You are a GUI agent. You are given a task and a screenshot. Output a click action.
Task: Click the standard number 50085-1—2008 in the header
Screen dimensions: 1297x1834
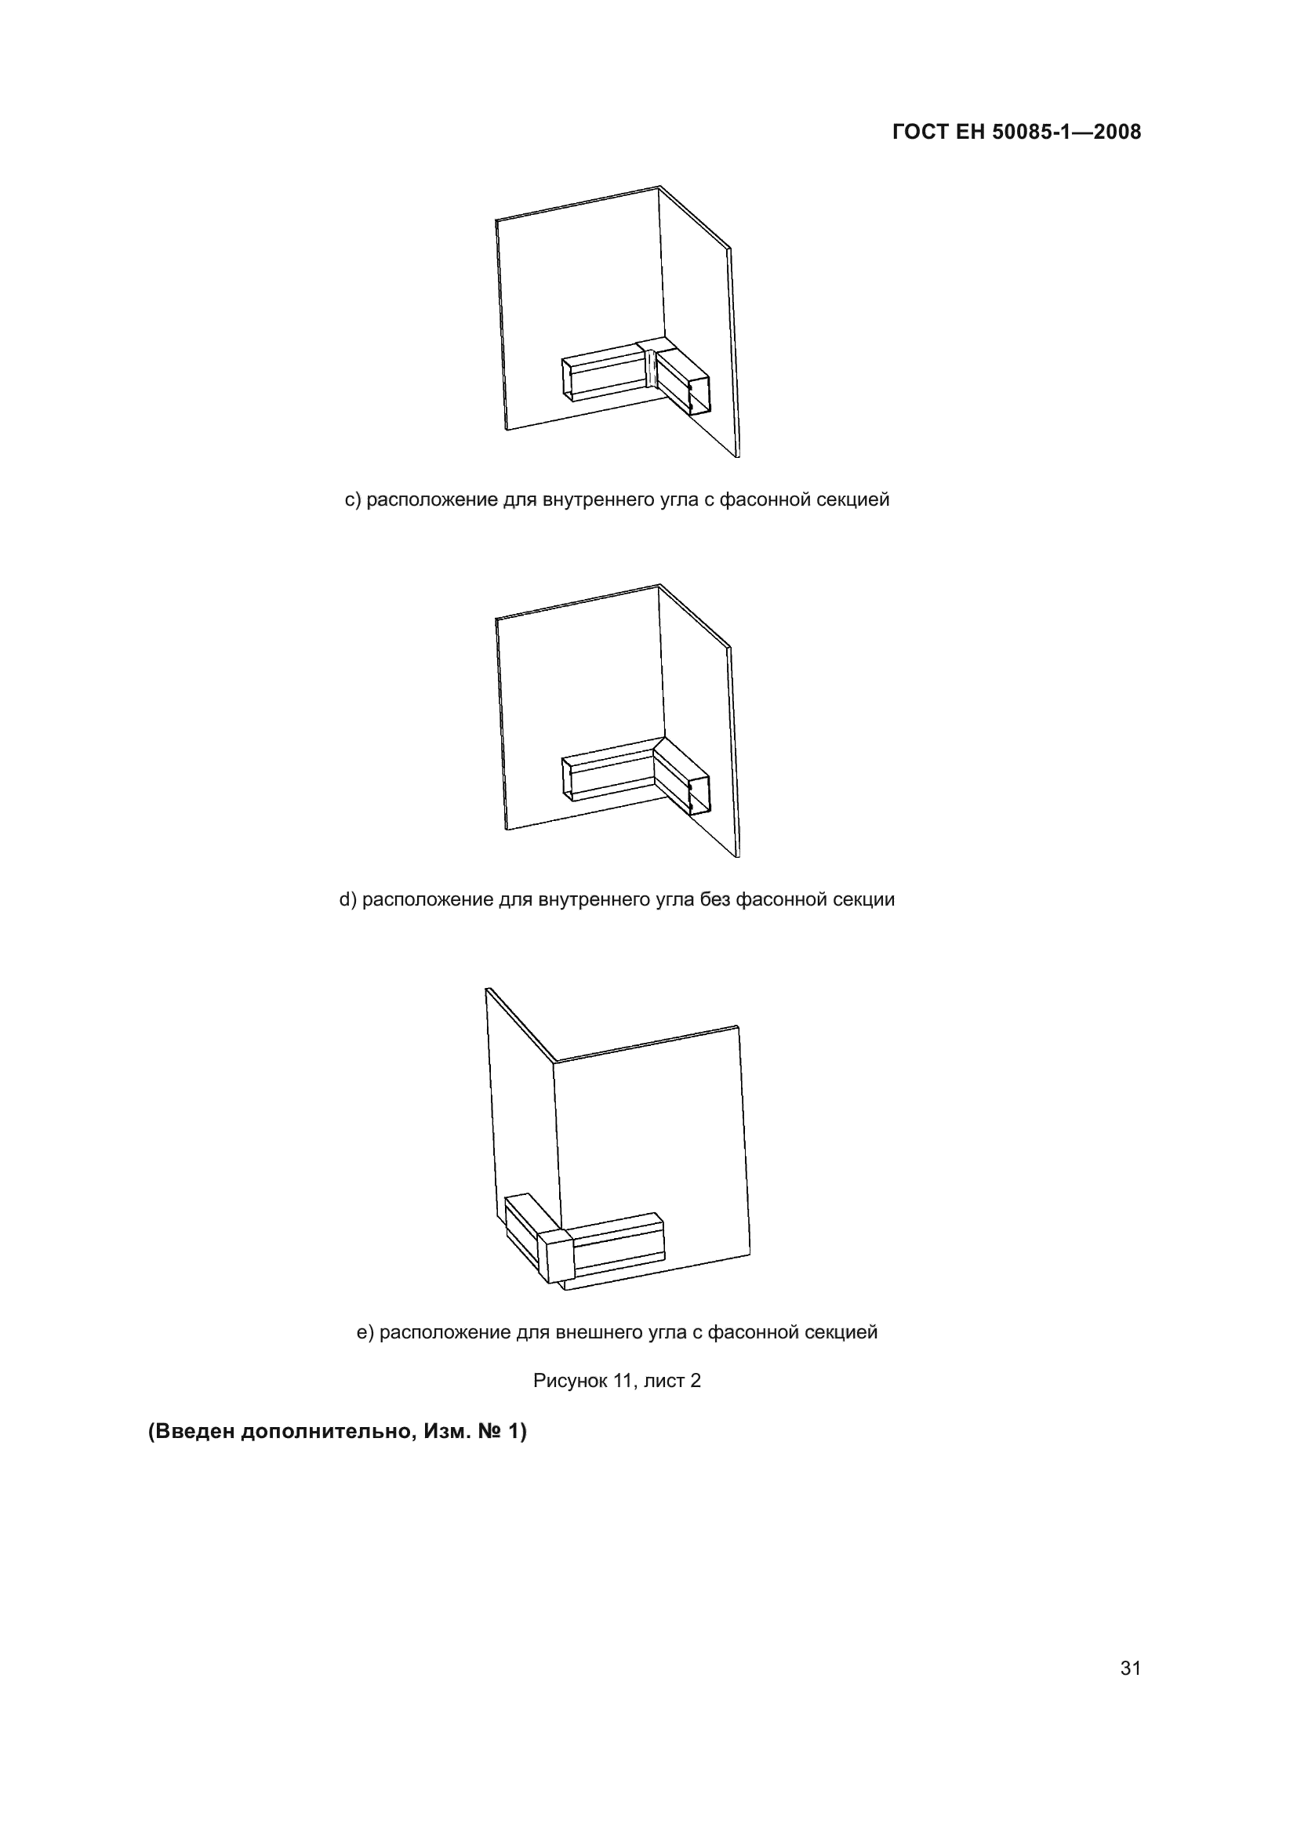(1066, 132)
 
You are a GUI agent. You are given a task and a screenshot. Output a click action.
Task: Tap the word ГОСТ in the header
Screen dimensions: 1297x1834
(920, 132)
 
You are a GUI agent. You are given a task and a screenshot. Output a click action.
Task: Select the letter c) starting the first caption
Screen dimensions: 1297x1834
(353, 500)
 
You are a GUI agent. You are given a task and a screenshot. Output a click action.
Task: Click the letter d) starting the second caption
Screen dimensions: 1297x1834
(348, 899)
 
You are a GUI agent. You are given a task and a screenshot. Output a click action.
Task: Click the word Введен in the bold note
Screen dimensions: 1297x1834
(195, 1432)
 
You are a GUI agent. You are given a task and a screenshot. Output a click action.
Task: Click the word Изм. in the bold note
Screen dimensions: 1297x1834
(447, 1432)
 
